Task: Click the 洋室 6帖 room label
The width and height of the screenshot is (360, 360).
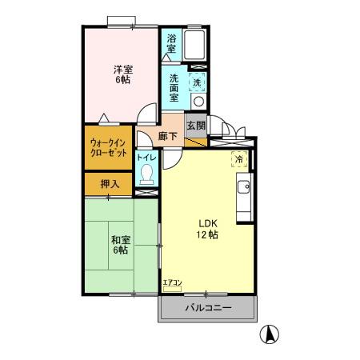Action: click(x=122, y=74)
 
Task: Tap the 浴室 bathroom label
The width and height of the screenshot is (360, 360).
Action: click(x=172, y=43)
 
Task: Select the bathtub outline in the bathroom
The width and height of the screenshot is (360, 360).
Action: click(x=196, y=45)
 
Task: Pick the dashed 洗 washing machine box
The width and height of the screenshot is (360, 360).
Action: click(x=197, y=81)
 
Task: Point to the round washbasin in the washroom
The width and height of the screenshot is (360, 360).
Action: click(x=198, y=101)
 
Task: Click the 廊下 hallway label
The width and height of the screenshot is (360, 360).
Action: click(x=167, y=136)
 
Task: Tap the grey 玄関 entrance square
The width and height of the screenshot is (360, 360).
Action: click(x=196, y=126)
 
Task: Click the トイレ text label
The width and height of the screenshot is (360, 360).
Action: click(x=146, y=158)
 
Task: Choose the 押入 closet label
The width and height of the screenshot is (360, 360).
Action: click(x=110, y=184)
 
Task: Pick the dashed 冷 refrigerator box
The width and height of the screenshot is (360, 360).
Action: click(x=238, y=158)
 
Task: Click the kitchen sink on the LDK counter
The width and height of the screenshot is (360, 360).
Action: click(x=245, y=190)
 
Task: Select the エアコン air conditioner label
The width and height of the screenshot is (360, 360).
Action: click(x=172, y=282)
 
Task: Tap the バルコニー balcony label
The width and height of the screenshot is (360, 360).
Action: click(x=208, y=307)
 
